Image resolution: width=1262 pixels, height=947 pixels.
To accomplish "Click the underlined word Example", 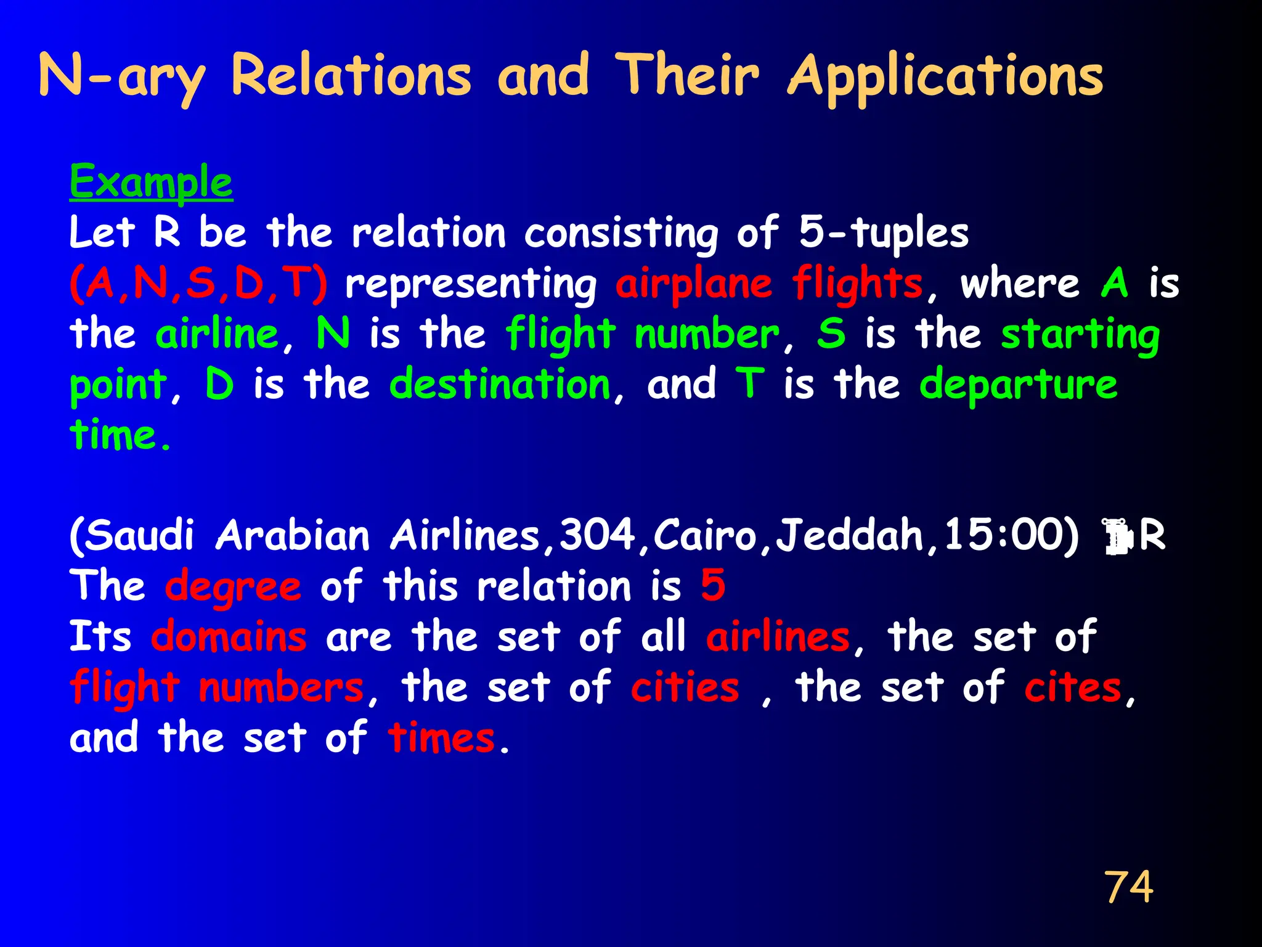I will pyautogui.click(x=151, y=182).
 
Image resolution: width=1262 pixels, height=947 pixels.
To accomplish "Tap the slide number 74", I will pyautogui.click(x=1128, y=887).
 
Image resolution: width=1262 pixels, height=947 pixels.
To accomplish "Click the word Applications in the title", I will pyautogui.click(x=946, y=77).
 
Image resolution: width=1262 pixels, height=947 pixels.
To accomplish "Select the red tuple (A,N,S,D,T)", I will pyautogui.click(x=198, y=284).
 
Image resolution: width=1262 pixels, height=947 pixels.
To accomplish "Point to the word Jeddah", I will pyautogui.click(x=850, y=535).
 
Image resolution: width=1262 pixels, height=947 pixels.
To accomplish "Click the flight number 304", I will pyautogui.click(x=598, y=535).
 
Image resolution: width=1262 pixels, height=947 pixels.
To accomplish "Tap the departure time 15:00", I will pyautogui.click(x=1011, y=535).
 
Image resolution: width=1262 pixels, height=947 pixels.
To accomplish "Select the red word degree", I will pyautogui.click(x=233, y=586).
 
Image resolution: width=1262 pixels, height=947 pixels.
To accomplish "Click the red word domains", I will pyautogui.click(x=229, y=637).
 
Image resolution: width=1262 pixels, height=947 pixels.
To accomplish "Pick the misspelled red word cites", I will pyautogui.click(x=1073, y=687).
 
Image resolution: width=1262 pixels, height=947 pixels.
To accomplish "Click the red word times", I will pyautogui.click(x=441, y=738).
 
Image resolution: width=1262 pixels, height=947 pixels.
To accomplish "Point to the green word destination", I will pyautogui.click(x=500, y=384).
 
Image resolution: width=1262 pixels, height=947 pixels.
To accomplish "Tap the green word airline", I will pyautogui.click(x=217, y=334).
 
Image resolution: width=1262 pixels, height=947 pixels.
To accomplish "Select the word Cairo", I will pyautogui.click(x=704, y=535).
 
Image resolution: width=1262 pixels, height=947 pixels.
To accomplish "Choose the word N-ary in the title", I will pyautogui.click(x=121, y=77).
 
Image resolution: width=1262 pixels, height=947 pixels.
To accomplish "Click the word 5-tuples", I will pyautogui.click(x=884, y=234).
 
